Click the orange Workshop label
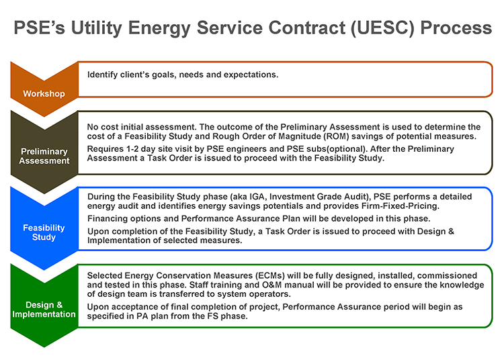point(44,93)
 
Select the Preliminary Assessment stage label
point(44,156)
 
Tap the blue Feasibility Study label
point(44,232)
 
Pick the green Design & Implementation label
point(44,310)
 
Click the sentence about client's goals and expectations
point(183,74)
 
